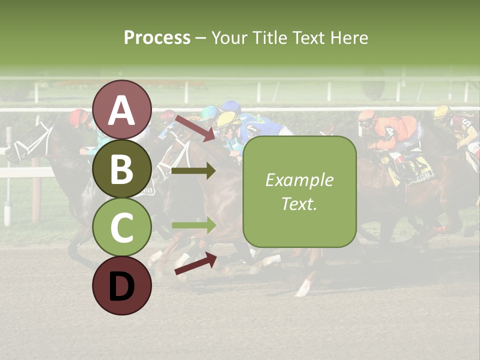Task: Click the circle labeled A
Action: [x=121, y=109]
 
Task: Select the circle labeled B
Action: [x=121, y=168]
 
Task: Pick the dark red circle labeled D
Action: [x=121, y=285]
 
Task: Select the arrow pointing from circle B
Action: [x=193, y=171]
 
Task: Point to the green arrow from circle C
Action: [x=193, y=225]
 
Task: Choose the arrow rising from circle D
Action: [x=195, y=263]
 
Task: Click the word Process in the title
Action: [x=157, y=37]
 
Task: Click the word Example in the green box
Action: [x=299, y=180]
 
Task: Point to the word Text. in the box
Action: [x=299, y=203]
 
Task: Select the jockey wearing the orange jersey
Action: [x=395, y=132]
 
